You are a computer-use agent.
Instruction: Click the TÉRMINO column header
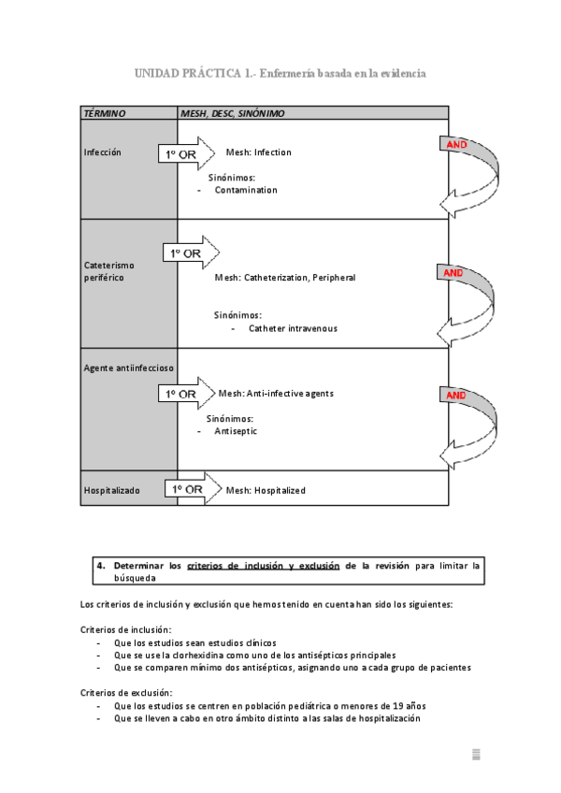coord(105,113)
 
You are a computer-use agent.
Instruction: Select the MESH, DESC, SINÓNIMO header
coord(233,113)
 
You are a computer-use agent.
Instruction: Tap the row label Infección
coord(103,152)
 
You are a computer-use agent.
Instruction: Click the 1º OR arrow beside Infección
coord(187,153)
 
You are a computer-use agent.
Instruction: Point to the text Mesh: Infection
coord(258,152)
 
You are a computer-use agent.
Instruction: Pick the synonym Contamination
coord(246,190)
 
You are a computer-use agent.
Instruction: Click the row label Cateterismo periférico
coord(109,271)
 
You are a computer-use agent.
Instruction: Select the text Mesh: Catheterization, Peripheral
coord(285,278)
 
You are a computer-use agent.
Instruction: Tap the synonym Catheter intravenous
coord(293,329)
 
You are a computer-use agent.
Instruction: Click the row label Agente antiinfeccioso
coord(128,368)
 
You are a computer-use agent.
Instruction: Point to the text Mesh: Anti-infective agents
coord(276,394)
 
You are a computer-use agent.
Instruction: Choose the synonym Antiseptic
coord(236,431)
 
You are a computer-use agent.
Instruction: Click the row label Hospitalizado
coord(112,491)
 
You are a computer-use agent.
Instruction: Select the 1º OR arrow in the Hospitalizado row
coord(194,488)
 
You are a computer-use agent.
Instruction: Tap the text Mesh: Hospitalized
coord(266,491)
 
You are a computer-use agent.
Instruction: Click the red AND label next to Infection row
coord(456,145)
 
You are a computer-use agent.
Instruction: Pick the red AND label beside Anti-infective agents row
coord(455,395)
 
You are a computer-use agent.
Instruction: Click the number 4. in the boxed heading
coord(101,566)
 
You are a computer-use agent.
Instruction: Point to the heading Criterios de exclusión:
coord(126,693)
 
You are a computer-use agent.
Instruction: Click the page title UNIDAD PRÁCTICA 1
coord(194,73)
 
